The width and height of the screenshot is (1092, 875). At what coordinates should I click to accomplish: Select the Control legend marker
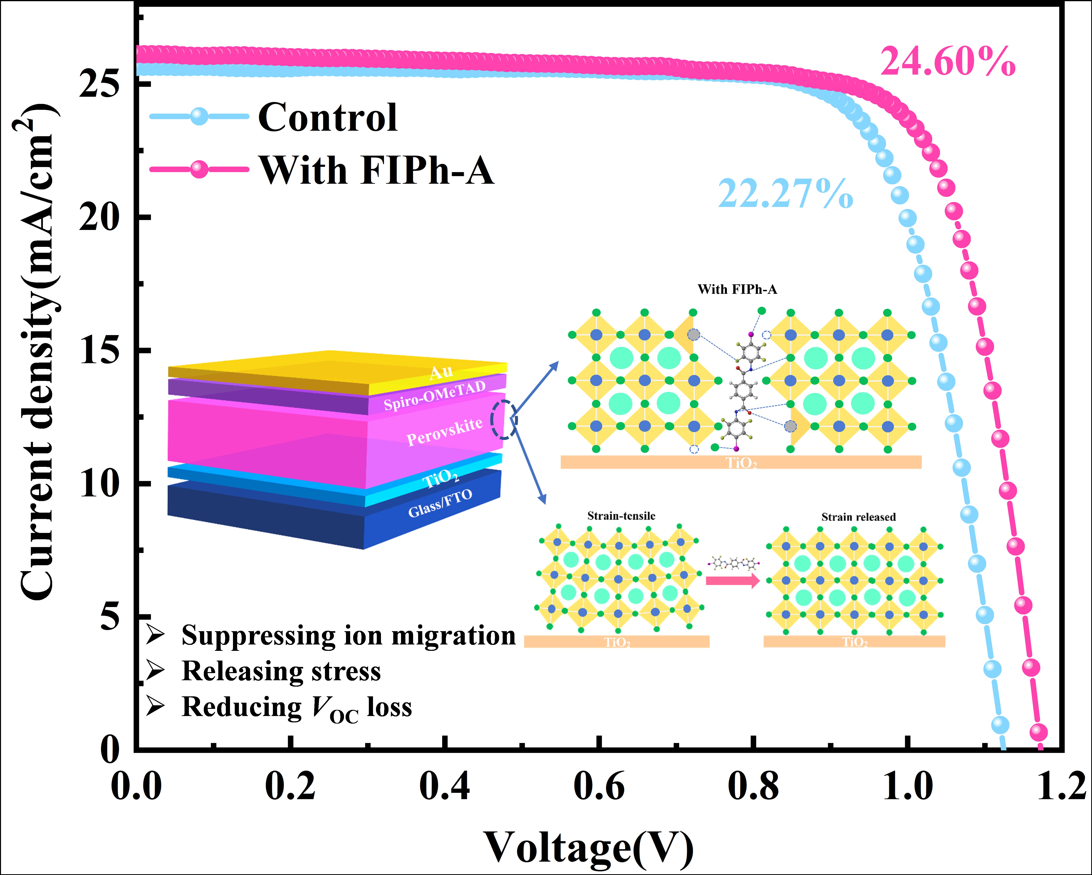coord(200,116)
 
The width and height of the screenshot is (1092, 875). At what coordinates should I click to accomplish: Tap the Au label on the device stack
coord(441,372)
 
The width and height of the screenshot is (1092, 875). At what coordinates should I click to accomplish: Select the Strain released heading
coord(858,517)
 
